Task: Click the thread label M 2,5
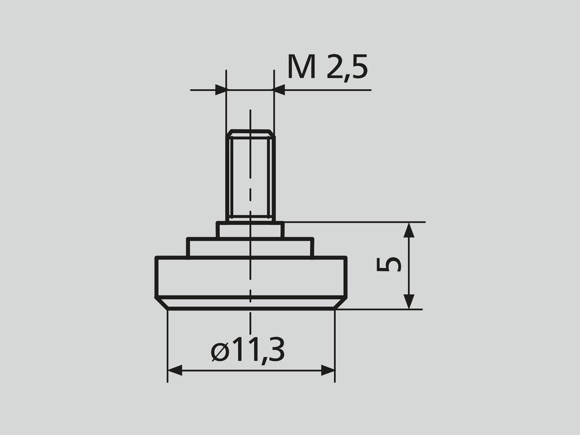[328, 67]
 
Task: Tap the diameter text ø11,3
[247, 351]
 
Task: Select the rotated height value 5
[390, 264]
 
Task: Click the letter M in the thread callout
[302, 67]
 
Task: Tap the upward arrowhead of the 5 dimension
[409, 229]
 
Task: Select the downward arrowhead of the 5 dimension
[409, 302]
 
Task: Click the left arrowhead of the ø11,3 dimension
[175, 370]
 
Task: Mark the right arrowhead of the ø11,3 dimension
[328, 370]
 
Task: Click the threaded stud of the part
[250, 177]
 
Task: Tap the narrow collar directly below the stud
[250, 230]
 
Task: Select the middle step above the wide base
[250, 247]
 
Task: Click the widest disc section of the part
[250, 277]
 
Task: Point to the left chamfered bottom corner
[162, 303]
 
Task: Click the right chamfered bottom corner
[340, 303]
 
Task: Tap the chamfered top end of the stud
[250, 133]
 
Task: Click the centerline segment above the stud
[250, 120]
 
